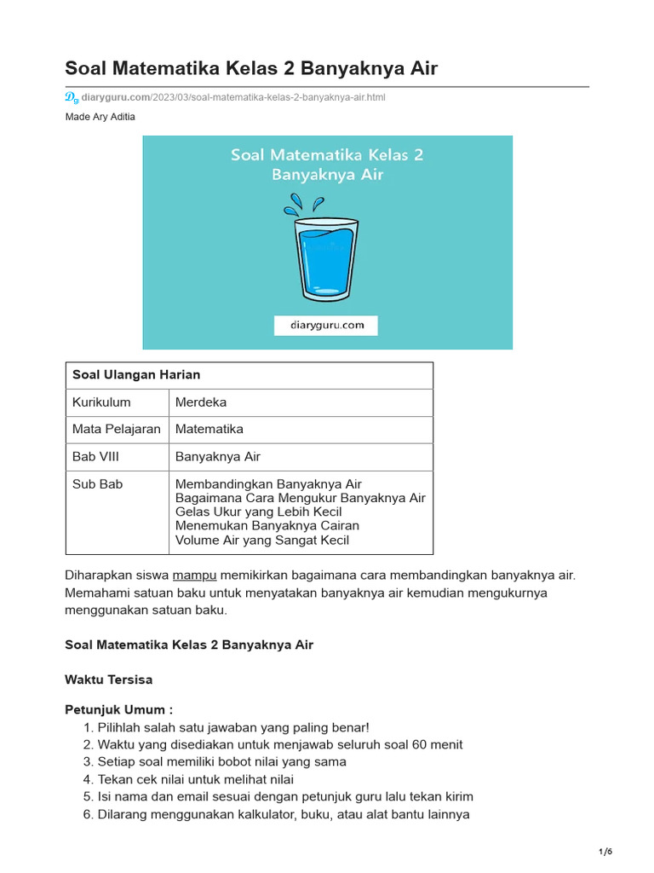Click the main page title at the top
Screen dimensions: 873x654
pos(251,68)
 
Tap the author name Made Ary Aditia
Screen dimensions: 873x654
pos(100,117)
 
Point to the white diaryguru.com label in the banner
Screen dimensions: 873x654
pos(325,325)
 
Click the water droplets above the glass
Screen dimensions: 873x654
pos(304,205)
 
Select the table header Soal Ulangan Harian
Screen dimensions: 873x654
pos(136,375)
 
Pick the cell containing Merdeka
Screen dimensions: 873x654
pos(201,402)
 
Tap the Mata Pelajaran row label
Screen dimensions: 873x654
pos(116,430)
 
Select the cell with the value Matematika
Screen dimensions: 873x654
pos(209,430)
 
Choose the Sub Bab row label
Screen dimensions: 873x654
pos(98,484)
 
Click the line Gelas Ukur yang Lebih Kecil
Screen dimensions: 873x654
pos(258,512)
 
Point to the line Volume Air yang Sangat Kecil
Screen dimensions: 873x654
pos(261,541)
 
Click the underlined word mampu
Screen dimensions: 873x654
pos(195,575)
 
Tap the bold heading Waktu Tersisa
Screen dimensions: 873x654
pos(108,680)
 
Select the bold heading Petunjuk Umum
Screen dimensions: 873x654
pos(118,710)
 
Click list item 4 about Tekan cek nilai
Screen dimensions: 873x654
pos(195,779)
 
